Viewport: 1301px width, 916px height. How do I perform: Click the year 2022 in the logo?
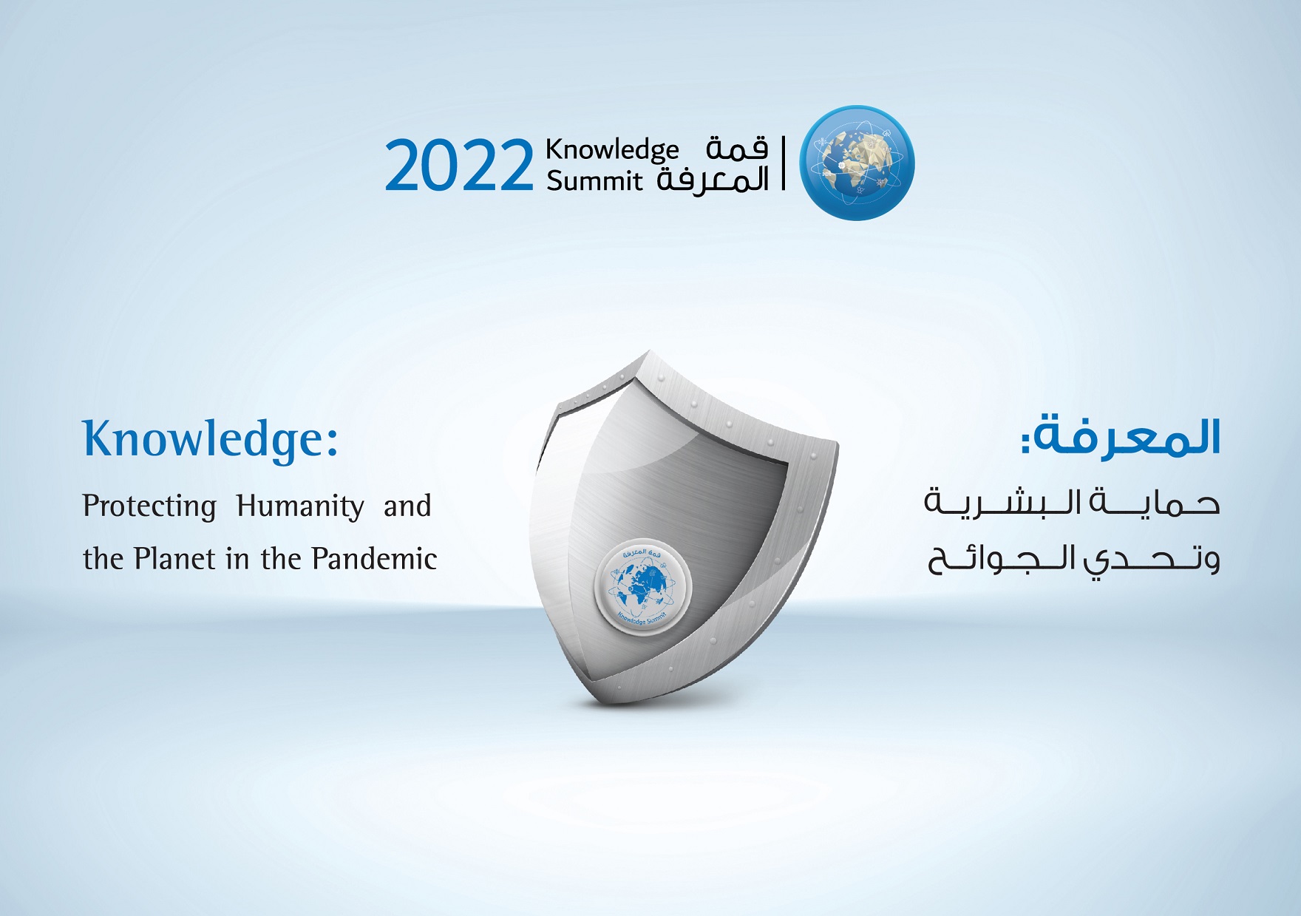tap(458, 166)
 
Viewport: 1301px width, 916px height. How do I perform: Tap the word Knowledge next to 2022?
tap(612, 150)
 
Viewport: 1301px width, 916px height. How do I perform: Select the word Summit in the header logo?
tap(594, 181)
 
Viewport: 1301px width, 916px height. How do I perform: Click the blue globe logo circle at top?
tap(857, 163)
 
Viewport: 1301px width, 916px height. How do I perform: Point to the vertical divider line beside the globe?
tap(784, 163)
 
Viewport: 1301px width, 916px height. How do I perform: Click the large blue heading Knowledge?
tap(211, 439)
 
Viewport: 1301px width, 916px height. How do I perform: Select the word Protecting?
tap(149, 506)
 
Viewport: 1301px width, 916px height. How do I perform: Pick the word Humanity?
tap(300, 506)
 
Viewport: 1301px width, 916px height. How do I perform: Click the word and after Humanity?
tap(407, 506)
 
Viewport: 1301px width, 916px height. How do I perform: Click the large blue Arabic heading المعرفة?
tap(1121, 438)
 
